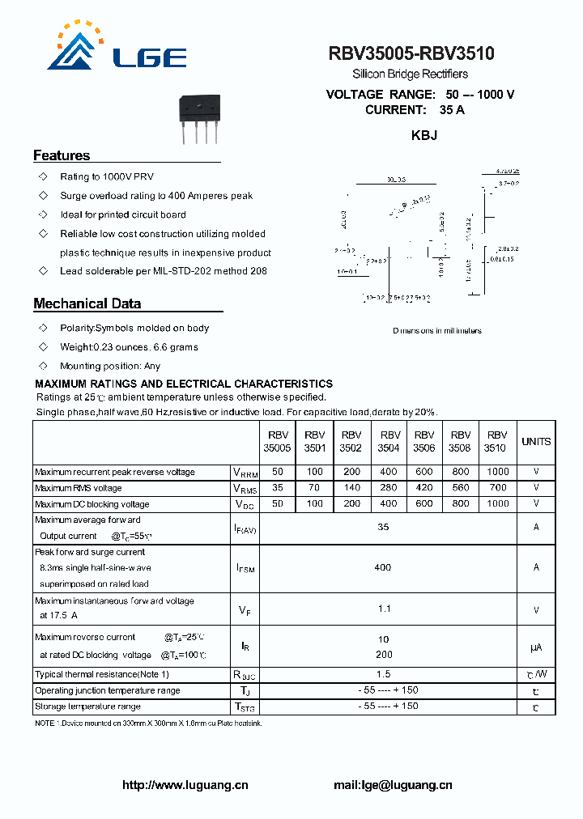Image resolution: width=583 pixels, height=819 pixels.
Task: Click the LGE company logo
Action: point(117,49)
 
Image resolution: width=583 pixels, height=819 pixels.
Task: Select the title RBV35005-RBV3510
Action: point(411,54)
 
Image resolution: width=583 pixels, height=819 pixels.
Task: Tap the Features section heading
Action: point(62,155)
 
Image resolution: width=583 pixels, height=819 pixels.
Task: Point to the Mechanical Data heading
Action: point(87,304)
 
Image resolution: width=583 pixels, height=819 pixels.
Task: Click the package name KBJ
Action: point(424,135)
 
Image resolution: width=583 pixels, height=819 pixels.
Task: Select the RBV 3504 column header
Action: point(390,441)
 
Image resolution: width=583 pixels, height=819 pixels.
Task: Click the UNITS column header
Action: point(536,442)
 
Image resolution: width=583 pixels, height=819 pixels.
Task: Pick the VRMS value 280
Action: point(389,488)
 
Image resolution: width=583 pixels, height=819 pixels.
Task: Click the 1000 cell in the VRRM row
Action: point(498,472)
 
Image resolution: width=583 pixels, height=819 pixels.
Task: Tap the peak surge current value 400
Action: point(383,567)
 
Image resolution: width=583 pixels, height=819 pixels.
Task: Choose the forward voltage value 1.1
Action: point(384,609)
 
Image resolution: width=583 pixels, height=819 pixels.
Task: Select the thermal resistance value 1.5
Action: point(384,674)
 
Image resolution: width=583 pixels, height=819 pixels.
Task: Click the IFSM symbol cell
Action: point(246,568)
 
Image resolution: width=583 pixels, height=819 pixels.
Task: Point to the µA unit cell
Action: point(536,647)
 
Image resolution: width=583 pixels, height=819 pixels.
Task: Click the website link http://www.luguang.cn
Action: point(185,785)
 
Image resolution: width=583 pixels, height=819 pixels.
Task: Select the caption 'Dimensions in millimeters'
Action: point(437,330)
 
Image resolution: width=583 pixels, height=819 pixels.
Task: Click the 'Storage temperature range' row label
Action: point(88,707)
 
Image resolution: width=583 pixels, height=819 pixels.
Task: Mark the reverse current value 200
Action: point(384,655)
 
